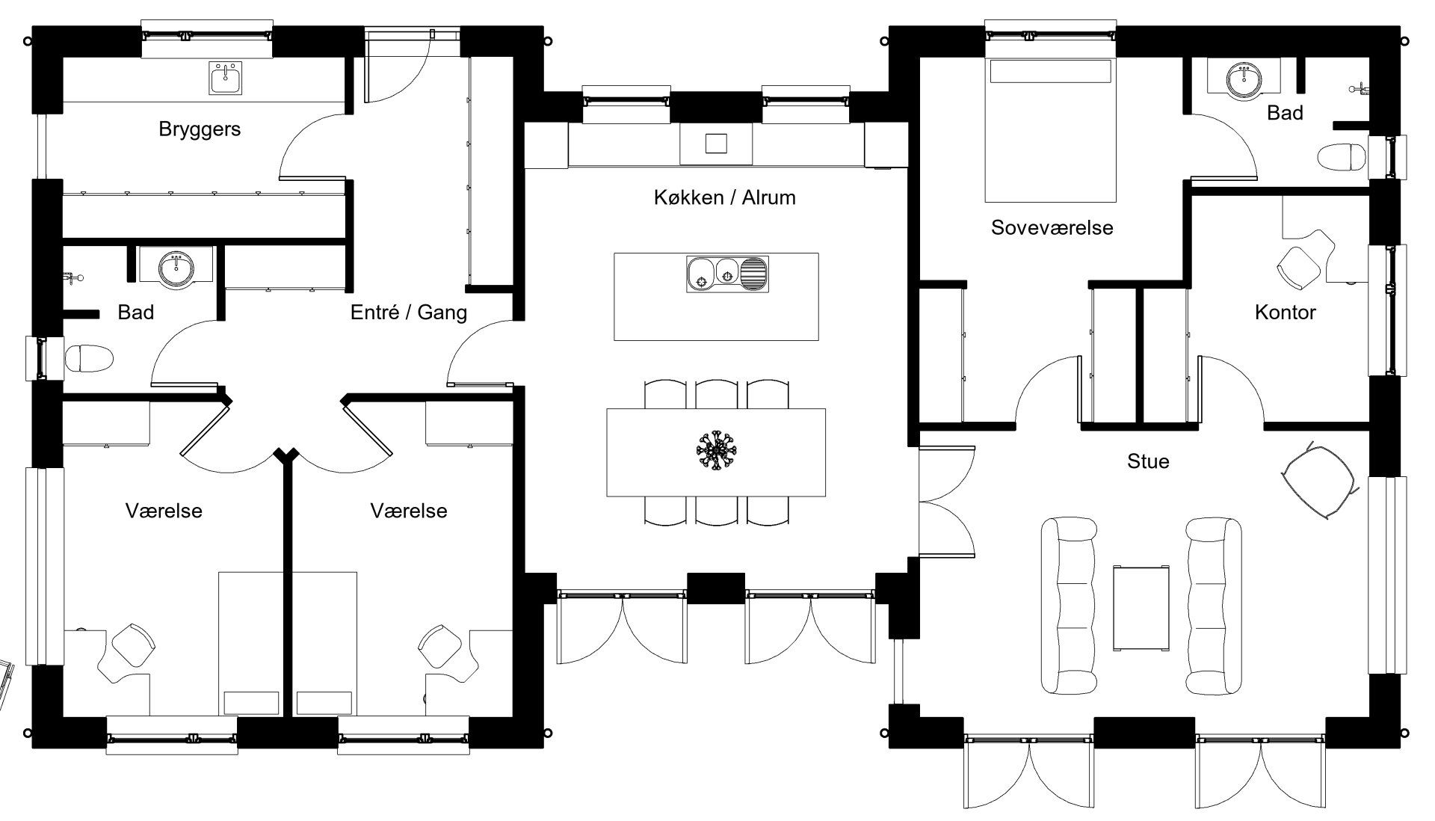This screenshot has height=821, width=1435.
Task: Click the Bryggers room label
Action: click(200, 129)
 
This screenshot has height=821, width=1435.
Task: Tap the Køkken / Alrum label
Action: click(724, 197)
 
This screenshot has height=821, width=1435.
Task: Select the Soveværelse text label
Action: click(1052, 227)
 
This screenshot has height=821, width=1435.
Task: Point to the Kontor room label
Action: click(1285, 312)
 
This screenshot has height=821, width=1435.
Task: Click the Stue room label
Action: click(1147, 461)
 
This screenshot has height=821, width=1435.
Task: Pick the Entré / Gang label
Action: click(408, 312)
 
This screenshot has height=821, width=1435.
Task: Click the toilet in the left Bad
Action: click(89, 358)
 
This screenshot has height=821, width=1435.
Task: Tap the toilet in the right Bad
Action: click(1342, 158)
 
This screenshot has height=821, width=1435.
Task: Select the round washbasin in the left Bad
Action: click(176, 268)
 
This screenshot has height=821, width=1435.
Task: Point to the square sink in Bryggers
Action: click(226, 78)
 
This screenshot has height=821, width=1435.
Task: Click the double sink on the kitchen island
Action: click(726, 274)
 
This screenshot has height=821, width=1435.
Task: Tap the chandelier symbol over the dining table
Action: click(716, 451)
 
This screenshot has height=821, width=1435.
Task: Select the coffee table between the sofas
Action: click(1141, 609)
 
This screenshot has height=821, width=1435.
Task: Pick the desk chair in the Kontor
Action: click(1299, 265)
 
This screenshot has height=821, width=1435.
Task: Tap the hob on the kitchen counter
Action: click(716, 143)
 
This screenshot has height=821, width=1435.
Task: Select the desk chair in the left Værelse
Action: click(132, 645)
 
